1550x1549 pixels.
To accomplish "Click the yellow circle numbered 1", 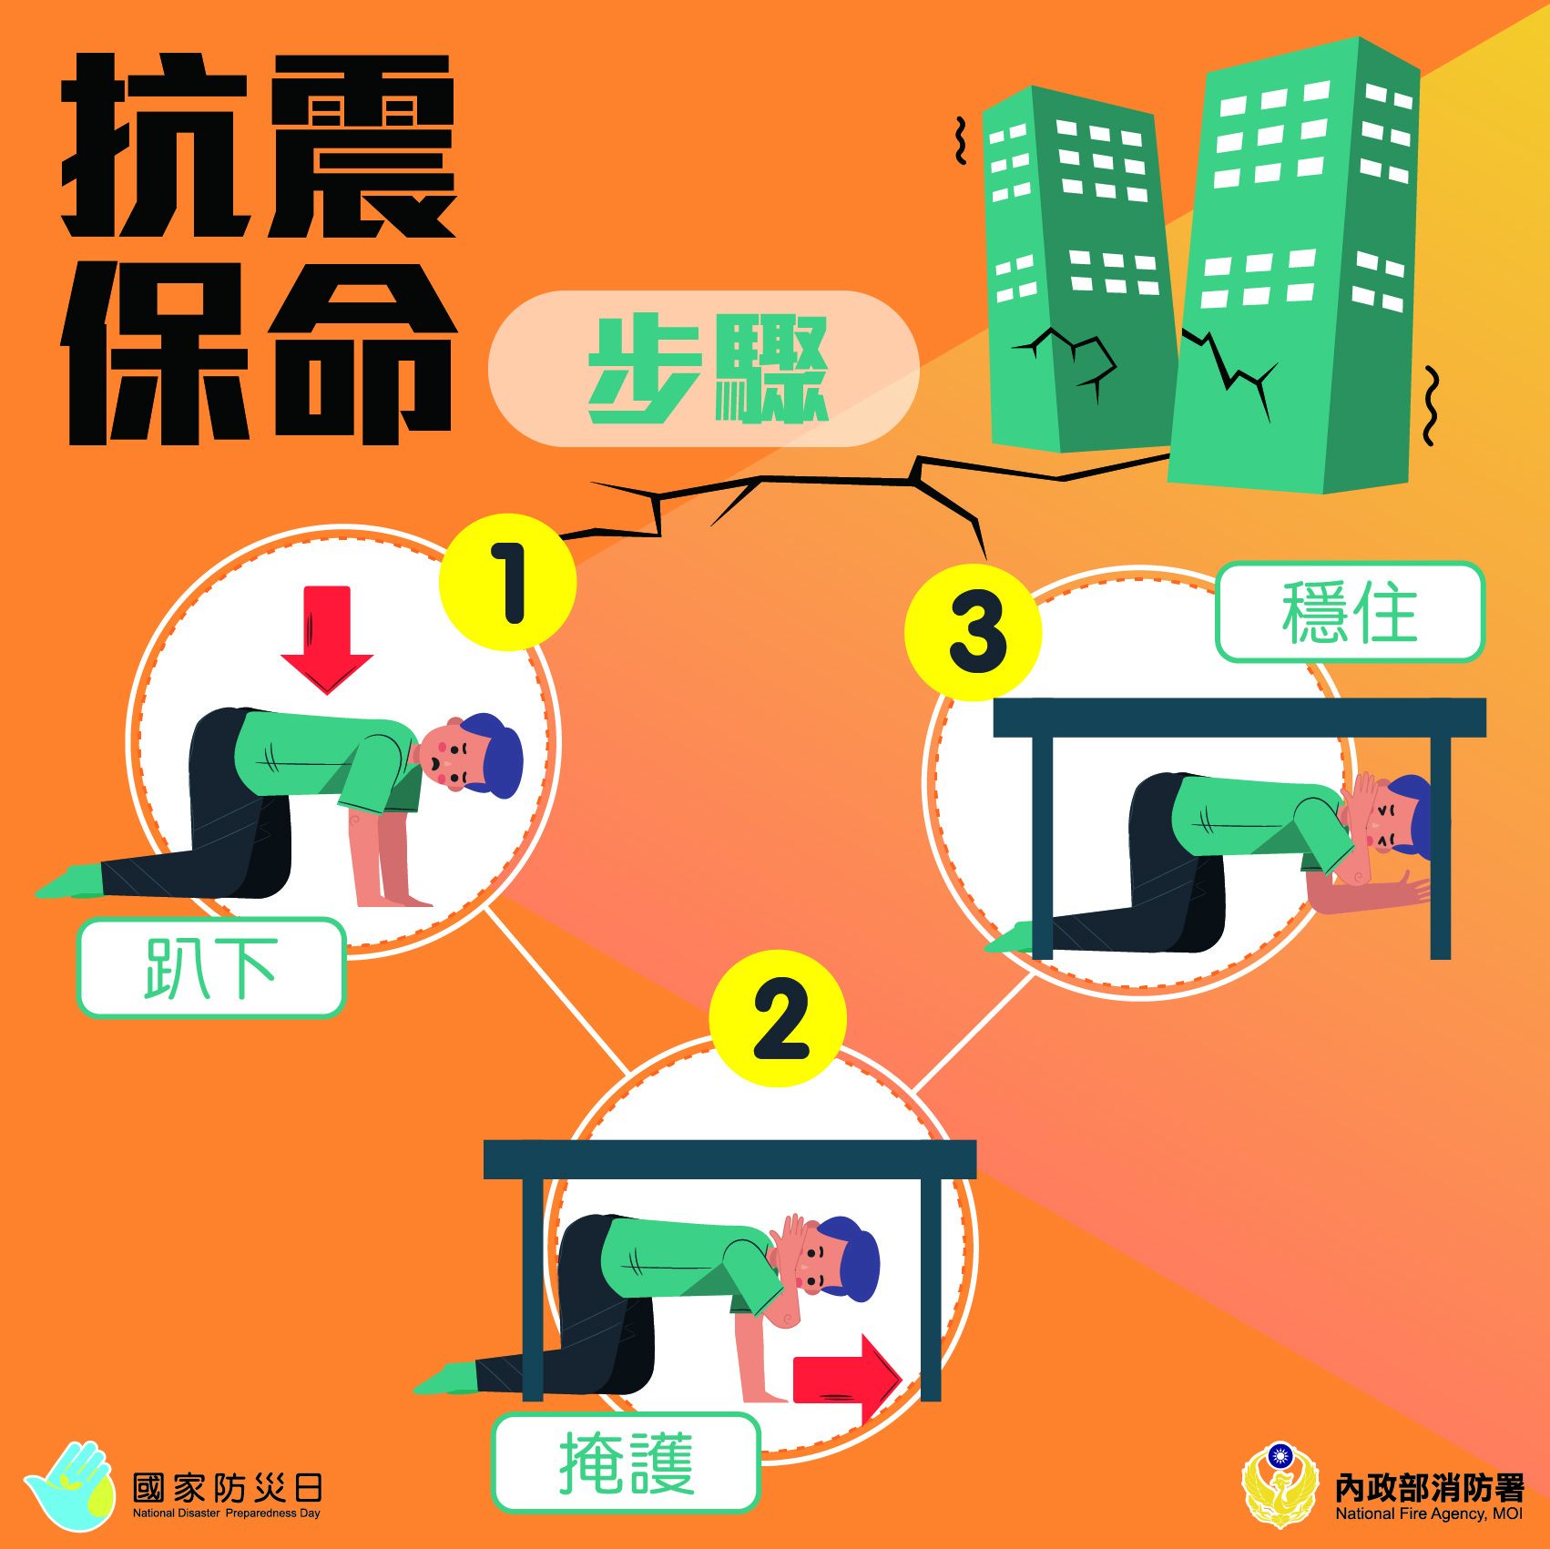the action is click(507, 583).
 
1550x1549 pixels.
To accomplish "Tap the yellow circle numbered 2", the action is click(778, 1018).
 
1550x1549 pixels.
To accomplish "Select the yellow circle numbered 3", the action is click(974, 632).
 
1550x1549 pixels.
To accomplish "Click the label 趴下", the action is click(211, 968).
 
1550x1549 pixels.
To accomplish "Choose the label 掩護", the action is click(627, 1463).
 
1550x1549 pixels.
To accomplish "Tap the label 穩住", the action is click(1351, 612).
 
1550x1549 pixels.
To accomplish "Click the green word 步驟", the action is click(708, 369).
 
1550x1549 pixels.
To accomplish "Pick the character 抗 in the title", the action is click(155, 145).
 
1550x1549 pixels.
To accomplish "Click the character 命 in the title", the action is click(360, 354).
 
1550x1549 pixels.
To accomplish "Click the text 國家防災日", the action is click(228, 1488).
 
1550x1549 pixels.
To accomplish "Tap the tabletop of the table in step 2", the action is click(729, 1158).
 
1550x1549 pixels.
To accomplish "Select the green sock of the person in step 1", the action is click(73, 882).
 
